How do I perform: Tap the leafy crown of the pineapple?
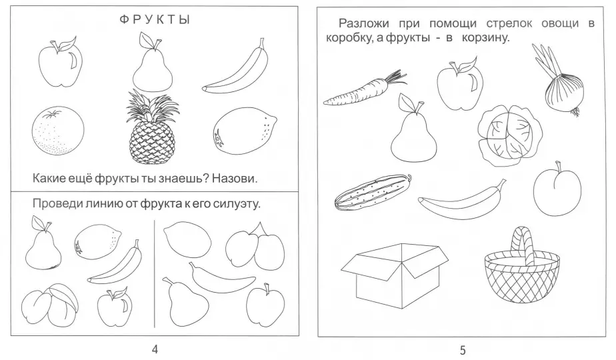point(152,106)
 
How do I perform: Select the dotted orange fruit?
point(58,131)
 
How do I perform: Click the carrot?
point(365,89)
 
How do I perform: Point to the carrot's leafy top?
point(395,77)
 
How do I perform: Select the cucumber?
point(373,192)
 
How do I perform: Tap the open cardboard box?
point(395,275)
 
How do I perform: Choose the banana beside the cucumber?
point(462,199)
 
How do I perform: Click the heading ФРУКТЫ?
point(155,19)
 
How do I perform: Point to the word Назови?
point(235,179)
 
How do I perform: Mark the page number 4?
point(155,349)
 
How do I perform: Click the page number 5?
point(463,350)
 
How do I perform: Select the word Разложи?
point(364,23)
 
